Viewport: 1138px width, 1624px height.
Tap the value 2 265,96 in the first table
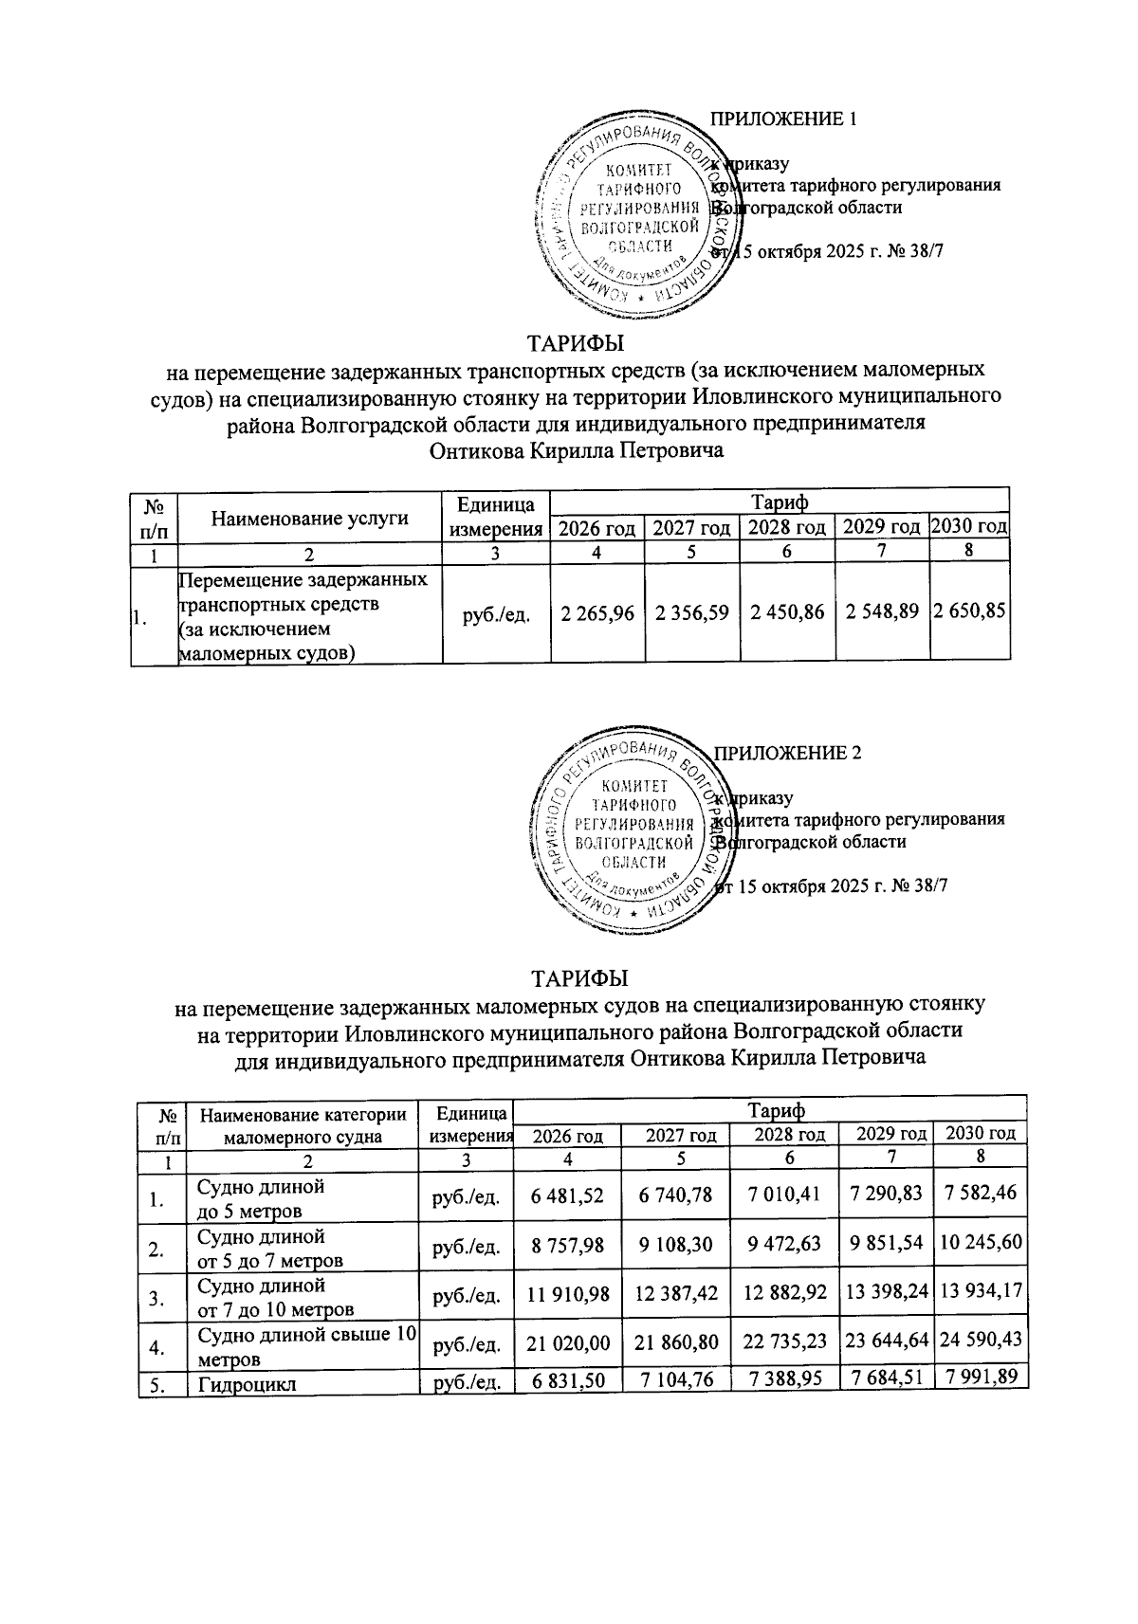597,614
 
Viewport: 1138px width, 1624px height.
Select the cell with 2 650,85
969,614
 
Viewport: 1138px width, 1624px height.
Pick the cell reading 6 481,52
568,1194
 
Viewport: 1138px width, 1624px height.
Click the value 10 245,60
981,1242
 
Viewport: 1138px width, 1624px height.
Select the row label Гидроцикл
247,1384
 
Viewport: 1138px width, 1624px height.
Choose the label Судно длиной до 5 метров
261,1198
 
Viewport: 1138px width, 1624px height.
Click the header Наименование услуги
310,518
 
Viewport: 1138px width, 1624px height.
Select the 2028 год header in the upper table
786,527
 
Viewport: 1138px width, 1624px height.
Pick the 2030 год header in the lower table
981,1133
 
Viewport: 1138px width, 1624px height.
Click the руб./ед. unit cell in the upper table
496,615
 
